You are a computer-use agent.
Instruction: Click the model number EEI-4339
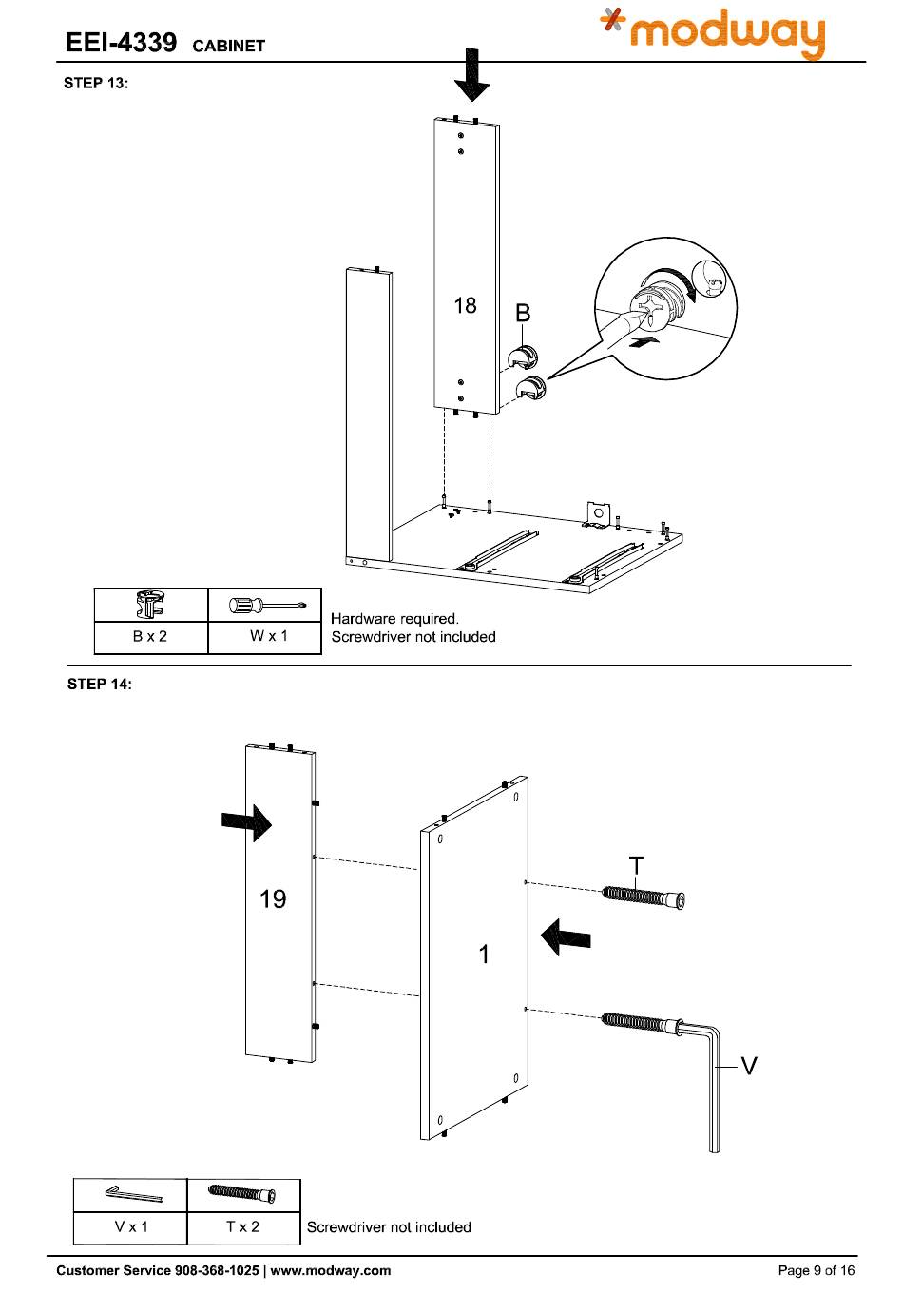click(x=121, y=43)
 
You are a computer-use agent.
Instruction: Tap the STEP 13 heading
click(x=96, y=83)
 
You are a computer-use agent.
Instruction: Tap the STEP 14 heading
click(x=99, y=684)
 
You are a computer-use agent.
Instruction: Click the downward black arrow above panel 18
click(x=472, y=75)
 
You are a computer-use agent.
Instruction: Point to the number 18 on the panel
click(x=465, y=305)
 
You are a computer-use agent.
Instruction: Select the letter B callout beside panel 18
click(x=522, y=313)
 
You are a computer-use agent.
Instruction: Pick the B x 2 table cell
click(x=150, y=637)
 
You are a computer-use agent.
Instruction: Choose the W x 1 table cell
click(x=264, y=637)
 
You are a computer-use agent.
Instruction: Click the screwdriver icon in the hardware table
click(x=267, y=606)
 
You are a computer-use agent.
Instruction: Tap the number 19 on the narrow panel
click(x=273, y=898)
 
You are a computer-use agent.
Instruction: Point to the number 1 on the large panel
click(x=484, y=955)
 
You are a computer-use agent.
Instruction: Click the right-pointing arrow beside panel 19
click(x=246, y=822)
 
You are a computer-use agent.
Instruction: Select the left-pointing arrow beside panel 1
click(x=566, y=936)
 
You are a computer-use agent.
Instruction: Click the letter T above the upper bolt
click(x=635, y=866)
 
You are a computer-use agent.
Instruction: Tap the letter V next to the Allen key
click(x=748, y=1066)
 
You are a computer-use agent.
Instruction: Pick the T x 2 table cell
click(x=243, y=1227)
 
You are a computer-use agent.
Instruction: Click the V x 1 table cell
click(x=131, y=1227)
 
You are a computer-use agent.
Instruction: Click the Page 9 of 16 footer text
click(x=816, y=1270)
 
